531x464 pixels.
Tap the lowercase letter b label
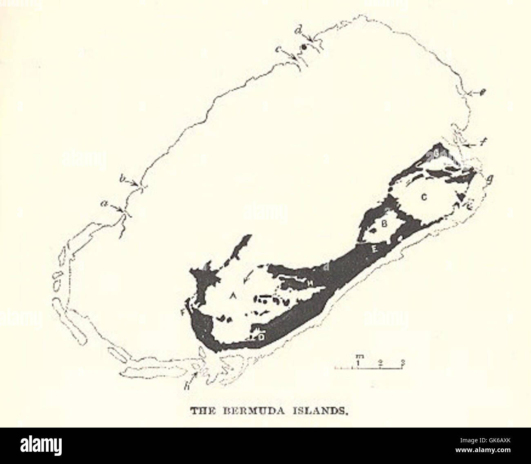[122, 179]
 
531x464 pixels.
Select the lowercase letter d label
[300, 29]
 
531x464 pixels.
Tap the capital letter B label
[384, 224]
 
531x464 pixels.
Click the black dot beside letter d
[303, 47]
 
